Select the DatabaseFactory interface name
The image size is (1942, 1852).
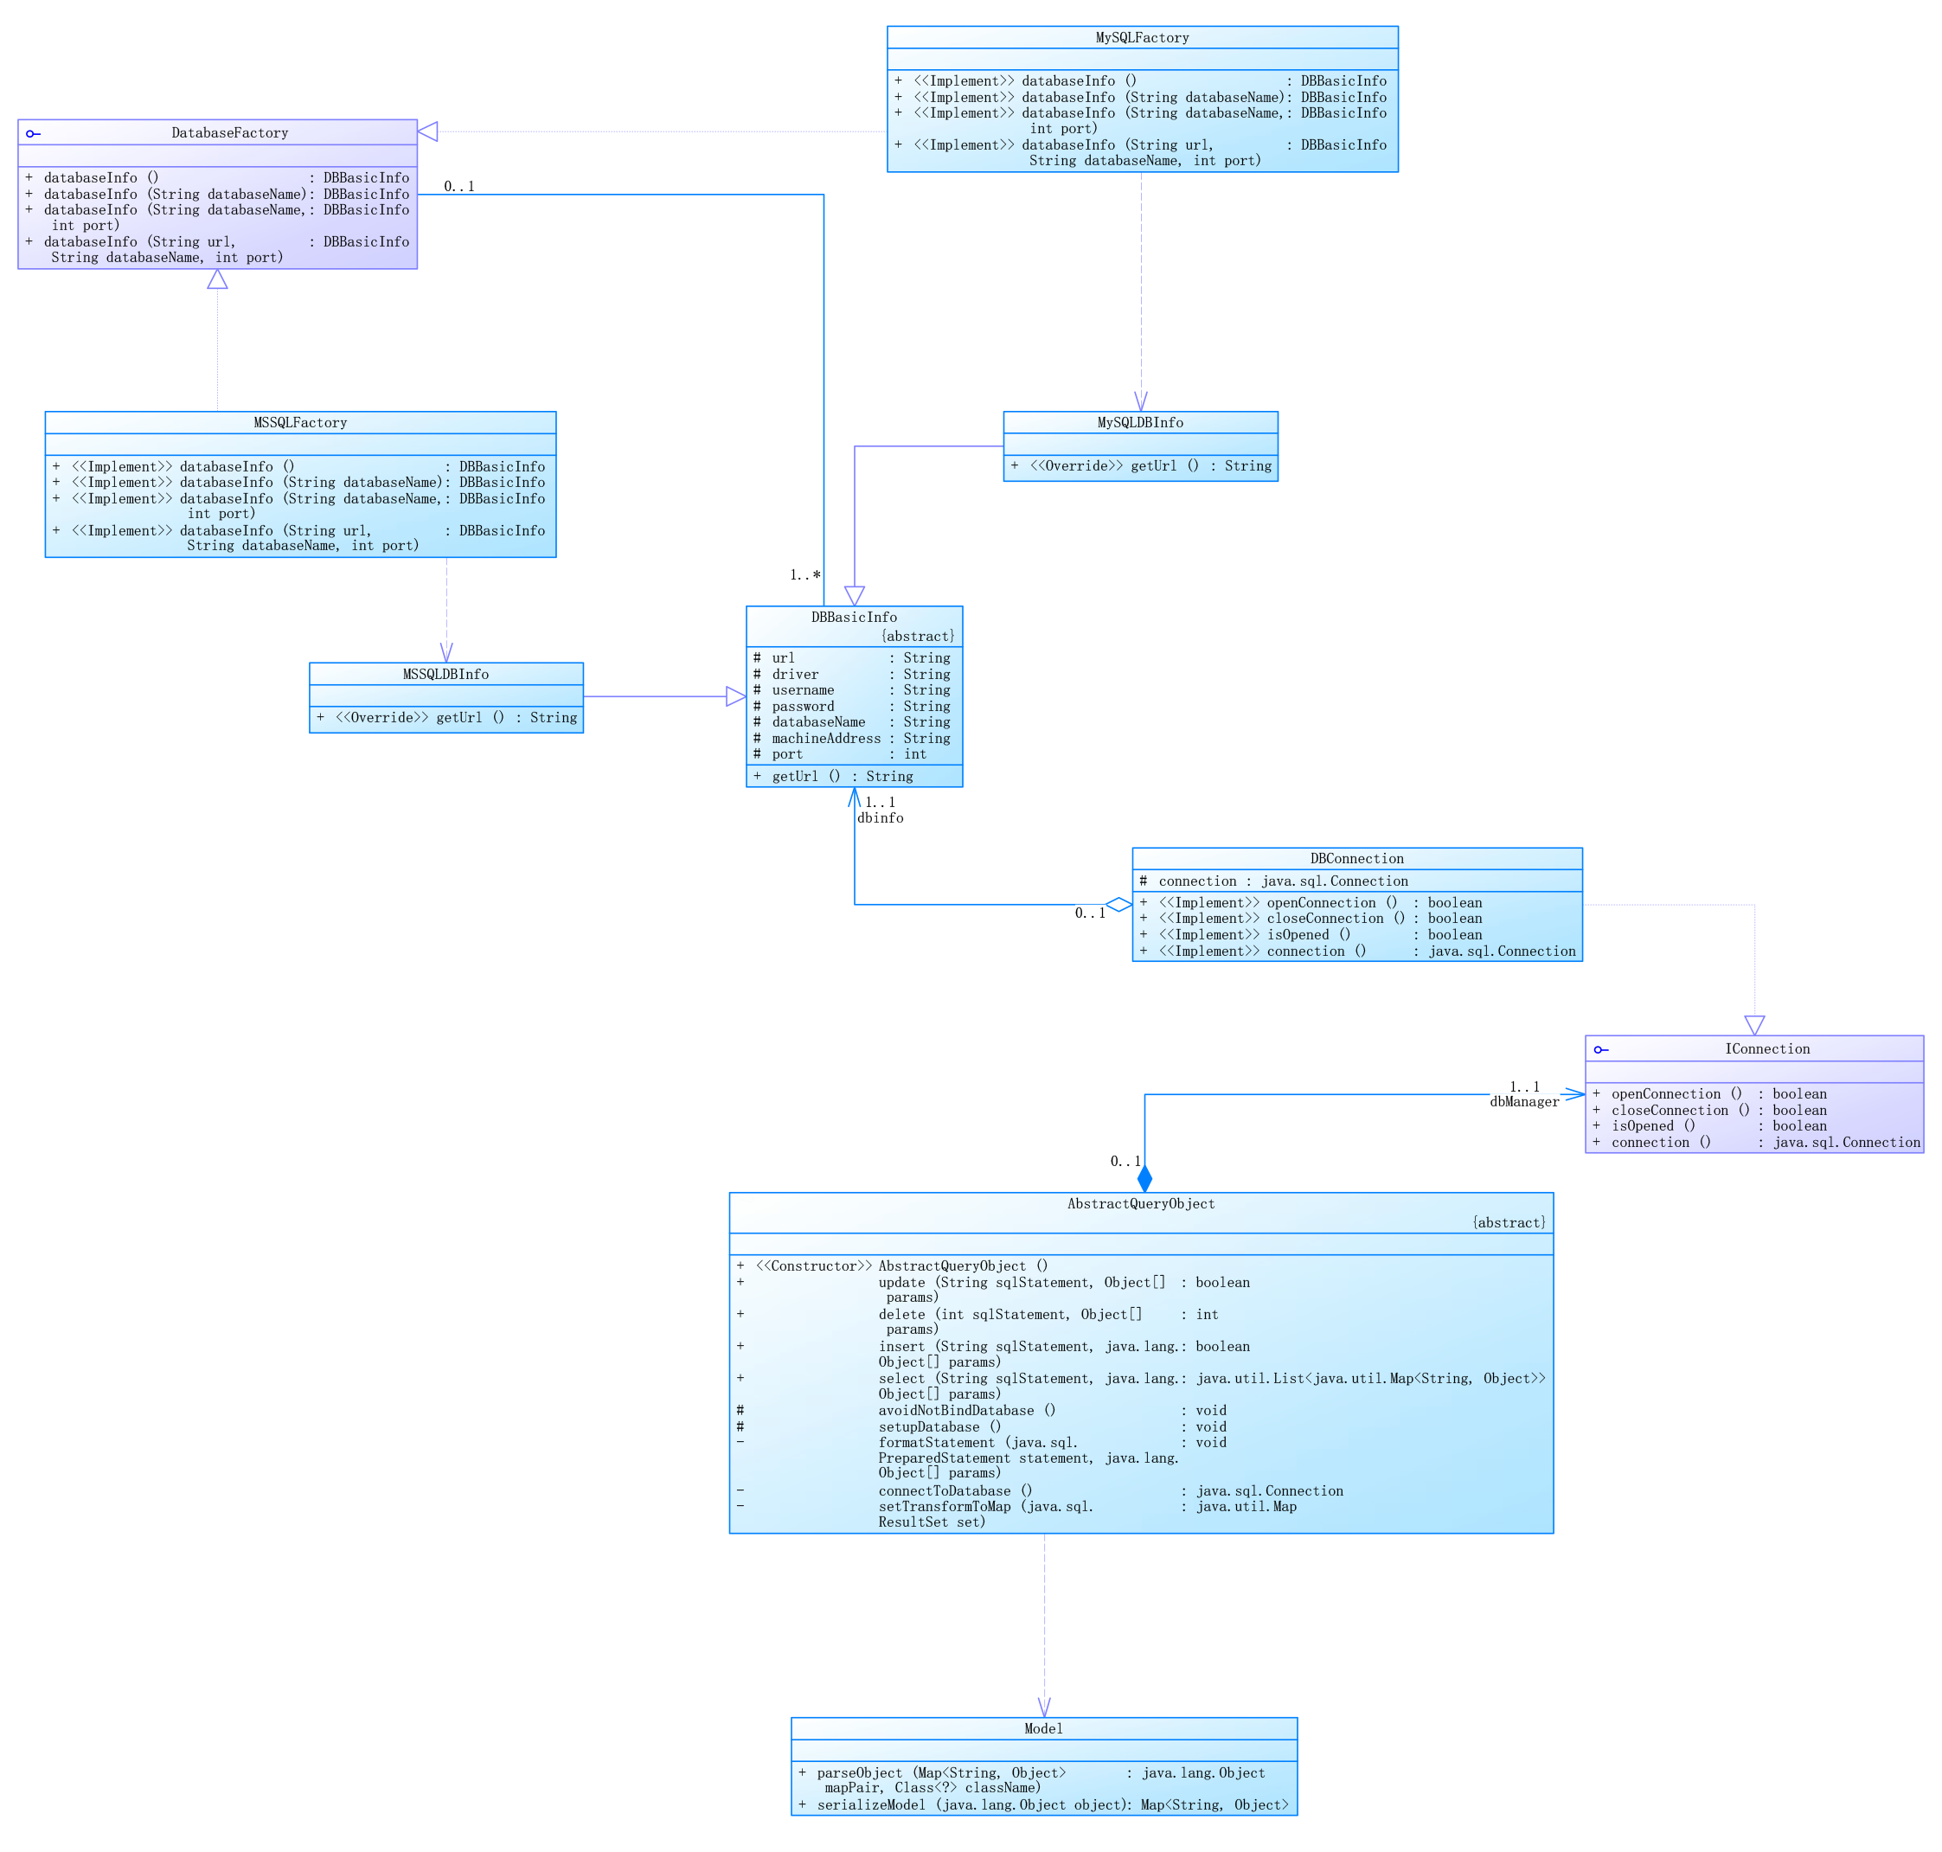(x=229, y=132)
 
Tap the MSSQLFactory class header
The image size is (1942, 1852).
(x=300, y=422)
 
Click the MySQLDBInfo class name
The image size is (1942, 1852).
(x=1139, y=422)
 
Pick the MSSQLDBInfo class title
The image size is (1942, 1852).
(x=445, y=674)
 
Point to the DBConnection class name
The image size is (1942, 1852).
(x=1356, y=859)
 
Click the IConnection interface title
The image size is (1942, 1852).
(x=1766, y=1048)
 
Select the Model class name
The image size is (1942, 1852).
(x=1042, y=1728)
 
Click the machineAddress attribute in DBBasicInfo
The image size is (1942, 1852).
(x=825, y=739)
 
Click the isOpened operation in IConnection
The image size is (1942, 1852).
(x=1654, y=1125)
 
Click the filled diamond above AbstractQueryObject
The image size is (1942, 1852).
(x=1144, y=1178)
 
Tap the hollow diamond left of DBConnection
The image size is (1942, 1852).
(x=1118, y=904)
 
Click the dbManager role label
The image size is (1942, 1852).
(x=1523, y=1102)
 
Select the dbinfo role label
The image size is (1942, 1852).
(x=880, y=817)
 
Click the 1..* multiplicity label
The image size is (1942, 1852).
(x=804, y=574)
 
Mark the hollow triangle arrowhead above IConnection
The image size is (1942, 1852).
(x=1753, y=1025)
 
